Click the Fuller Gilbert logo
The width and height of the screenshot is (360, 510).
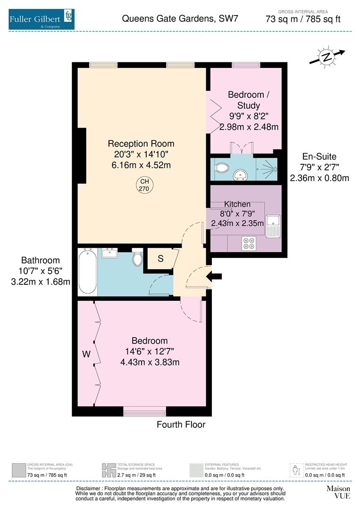42,19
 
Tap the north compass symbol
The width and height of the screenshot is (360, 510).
327,57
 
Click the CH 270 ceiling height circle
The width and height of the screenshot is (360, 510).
144,185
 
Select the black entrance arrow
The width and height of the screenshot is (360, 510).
214,276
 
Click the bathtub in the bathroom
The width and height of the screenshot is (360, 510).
87,272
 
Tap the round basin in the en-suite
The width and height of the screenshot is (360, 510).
241,174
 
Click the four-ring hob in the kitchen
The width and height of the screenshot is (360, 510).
249,243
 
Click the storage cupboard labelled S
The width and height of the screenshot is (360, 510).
160,259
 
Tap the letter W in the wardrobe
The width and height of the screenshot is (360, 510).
86,354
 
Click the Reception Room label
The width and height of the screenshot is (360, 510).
141,144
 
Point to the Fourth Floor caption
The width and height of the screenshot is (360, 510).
181,425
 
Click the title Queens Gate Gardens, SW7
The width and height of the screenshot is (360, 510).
180,18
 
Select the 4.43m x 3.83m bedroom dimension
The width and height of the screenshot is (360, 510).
150,362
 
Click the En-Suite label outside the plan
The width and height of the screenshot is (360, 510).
319,156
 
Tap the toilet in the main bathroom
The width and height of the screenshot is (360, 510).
138,257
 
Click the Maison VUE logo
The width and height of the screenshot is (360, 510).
338,492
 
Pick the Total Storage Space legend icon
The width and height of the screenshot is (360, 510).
109,470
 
